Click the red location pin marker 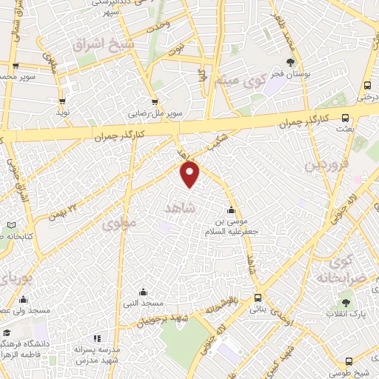(x=190, y=175)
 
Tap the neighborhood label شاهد (x=179, y=209)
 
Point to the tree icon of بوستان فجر (x=290, y=62)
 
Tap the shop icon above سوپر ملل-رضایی (x=154, y=103)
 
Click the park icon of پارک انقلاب (x=345, y=303)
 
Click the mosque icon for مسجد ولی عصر (x=24, y=299)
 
